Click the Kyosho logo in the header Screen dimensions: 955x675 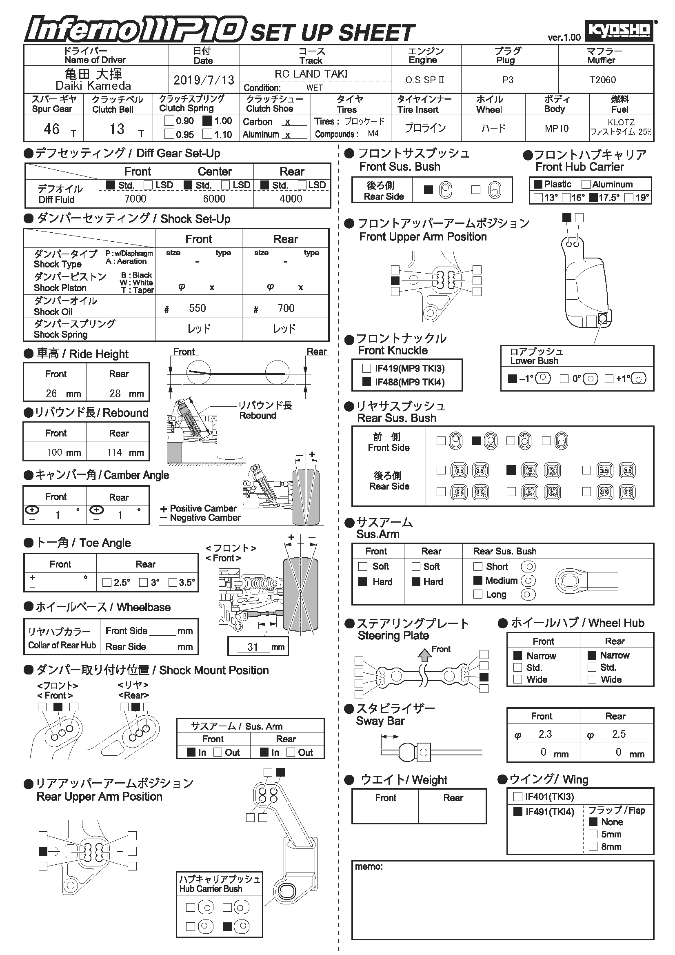(x=619, y=30)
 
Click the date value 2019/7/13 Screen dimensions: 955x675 (x=204, y=80)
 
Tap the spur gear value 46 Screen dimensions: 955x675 (x=51, y=129)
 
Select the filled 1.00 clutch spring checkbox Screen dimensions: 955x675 (x=207, y=121)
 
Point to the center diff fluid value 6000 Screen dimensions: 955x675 (x=214, y=199)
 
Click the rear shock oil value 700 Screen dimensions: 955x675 (x=286, y=308)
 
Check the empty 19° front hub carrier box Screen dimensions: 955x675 (x=629, y=198)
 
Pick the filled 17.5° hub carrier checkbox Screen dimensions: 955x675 (x=593, y=198)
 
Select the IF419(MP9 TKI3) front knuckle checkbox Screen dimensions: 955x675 (x=366, y=368)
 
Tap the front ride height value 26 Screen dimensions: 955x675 (x=51, y=393)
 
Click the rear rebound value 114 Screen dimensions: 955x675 (x=114, y=452)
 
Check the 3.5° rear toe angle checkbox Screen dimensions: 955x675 (x=173, y=582)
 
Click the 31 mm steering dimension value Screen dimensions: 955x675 (x=253, y=647)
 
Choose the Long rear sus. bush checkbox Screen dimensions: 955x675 (x=478, y=594)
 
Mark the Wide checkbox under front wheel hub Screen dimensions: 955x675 (x=517, y=679)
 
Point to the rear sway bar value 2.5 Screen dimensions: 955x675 (x=618, y=734)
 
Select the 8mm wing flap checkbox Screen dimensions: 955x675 (x=593, y=846)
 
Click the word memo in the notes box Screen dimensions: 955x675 (x=368, y=867)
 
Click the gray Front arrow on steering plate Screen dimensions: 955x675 (x=424, y=655)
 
